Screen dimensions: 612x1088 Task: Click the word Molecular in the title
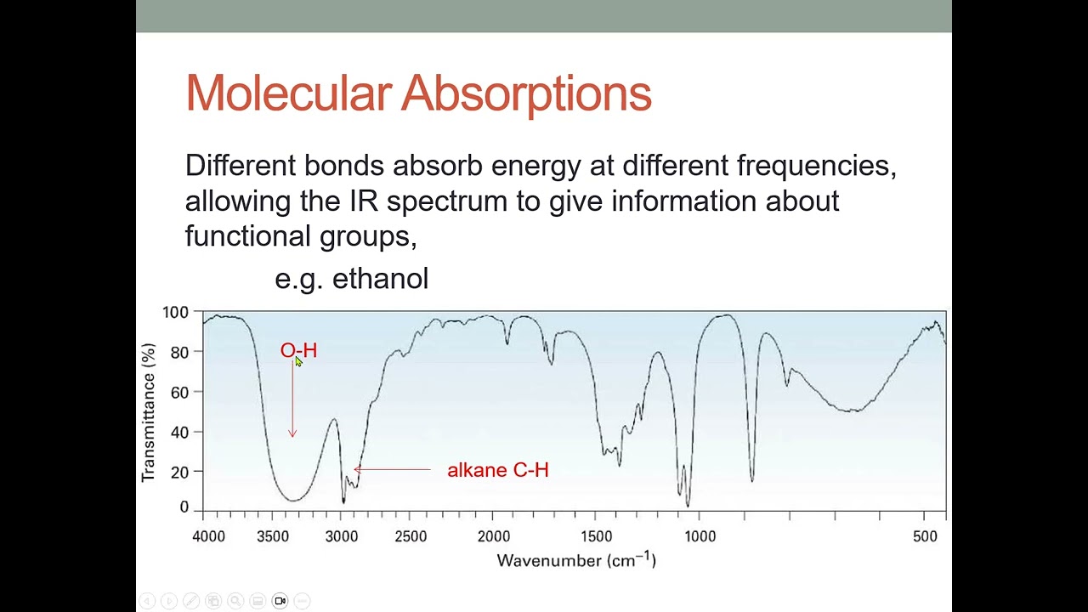(x=288, y=93)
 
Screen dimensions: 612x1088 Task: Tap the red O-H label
(x=298, y=350)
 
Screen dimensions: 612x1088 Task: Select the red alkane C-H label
(x=498, y=470)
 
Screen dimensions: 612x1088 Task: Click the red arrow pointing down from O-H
(x=292, y=399)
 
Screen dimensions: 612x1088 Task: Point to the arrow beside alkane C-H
(x=392, y=469)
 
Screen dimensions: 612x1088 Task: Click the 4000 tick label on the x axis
(x=209, y=536)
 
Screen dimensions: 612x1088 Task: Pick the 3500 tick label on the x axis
(x=273, y=536)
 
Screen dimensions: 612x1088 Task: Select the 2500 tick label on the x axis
(x=411, y=536)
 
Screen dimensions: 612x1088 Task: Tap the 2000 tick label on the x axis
(x=494, y=536)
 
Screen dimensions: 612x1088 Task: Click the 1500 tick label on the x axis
(x=597, y=536)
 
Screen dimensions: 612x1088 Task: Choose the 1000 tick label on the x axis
(x=700, y=536)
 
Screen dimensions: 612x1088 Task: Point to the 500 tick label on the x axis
(x=925, y=536)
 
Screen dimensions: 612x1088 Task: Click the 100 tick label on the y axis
(x=175, y=313)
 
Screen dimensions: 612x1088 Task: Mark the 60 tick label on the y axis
(x=179, y=392)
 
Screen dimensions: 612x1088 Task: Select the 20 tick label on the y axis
(x=179, y=472)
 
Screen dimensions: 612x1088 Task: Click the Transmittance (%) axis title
(x=149, y=412)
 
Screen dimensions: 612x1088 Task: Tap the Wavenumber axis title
(x=576, y=560)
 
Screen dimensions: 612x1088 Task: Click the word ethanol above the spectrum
(x=380, y=279)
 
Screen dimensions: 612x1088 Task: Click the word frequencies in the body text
(x=816, y=165)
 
